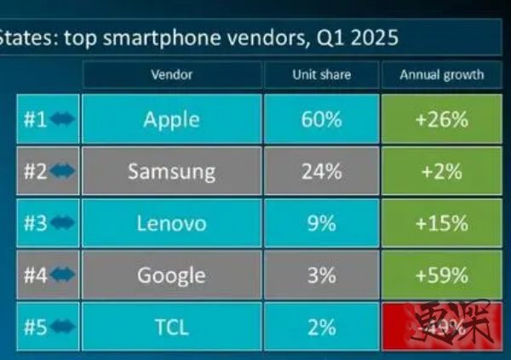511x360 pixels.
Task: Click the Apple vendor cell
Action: (171, 120)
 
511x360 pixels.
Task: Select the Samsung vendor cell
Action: (171, 171)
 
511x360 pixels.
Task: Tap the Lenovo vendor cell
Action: (171, 223)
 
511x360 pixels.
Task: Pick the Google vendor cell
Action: (171, 275)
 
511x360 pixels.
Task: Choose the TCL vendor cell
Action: (171, 327)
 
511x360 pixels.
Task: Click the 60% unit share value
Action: (321, 120)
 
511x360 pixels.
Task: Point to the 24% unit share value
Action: (321, 171)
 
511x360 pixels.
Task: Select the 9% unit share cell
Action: (321, 223)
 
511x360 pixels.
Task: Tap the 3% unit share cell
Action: (321, 275)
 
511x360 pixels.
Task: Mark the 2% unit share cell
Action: (321, 327)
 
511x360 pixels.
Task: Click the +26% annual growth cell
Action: (441, 120)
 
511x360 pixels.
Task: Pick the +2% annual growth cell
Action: (441, 171)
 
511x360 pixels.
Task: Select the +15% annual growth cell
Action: (441, 223)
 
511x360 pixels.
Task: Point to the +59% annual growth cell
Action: (441, 275)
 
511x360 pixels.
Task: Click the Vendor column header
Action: (171, 75)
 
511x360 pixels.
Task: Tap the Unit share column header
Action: (321, 75)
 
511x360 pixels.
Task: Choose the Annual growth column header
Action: (441, 75)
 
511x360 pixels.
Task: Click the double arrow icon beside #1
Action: (63, 120)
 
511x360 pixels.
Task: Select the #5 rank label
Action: (35, 327)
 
